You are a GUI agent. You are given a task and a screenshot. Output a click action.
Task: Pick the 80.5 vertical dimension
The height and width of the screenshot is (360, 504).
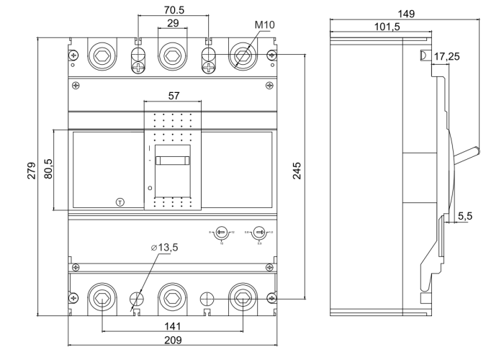[49, 170]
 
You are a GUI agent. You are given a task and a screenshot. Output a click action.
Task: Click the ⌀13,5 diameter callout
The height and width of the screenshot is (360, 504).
[164, 248]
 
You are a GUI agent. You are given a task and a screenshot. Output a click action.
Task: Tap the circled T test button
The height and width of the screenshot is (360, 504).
[120, 200]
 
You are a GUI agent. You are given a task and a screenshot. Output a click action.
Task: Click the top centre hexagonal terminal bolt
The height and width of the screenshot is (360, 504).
[172, 55]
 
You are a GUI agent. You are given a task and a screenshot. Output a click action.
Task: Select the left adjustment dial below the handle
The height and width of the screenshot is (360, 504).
[221, 232]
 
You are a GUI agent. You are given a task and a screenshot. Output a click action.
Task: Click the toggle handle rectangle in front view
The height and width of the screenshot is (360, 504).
[172, 162]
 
